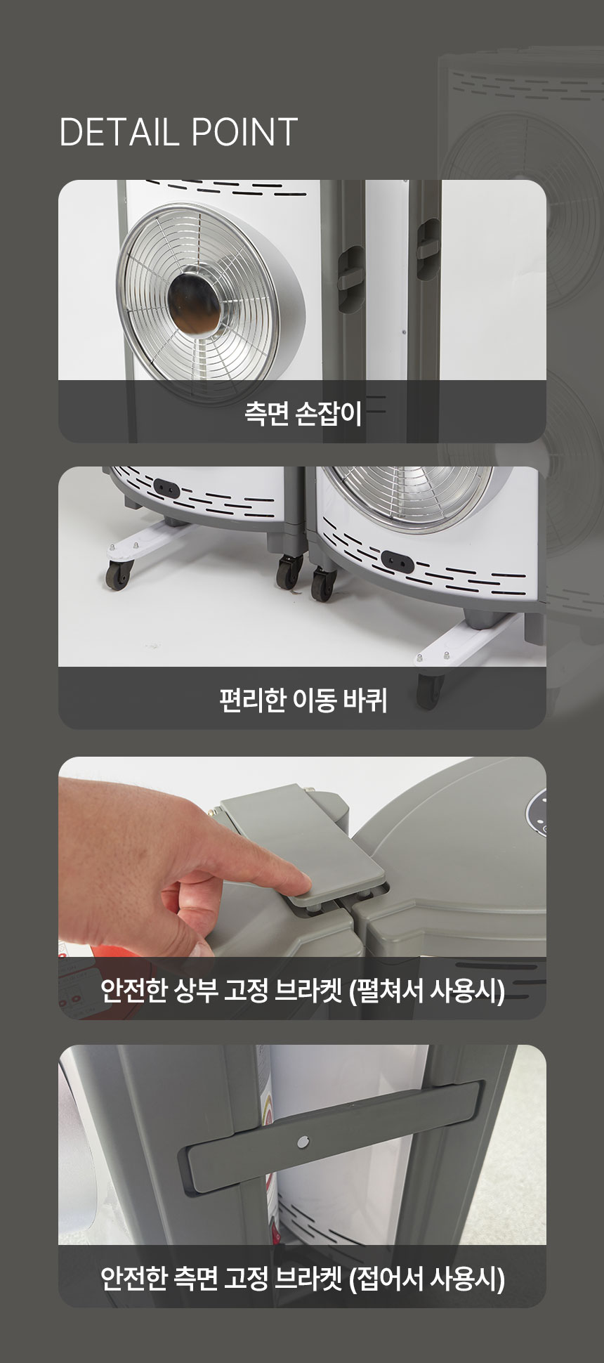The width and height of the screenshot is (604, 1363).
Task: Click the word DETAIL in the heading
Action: pos(118,132)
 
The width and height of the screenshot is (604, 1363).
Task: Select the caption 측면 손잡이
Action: pos(303,413)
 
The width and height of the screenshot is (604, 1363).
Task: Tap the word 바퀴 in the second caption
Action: pos(365,700)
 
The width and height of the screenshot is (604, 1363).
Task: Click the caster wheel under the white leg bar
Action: pos(118,574)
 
